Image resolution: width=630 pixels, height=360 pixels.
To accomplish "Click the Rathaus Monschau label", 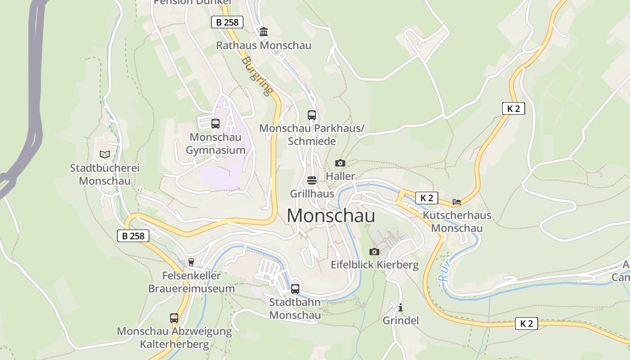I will (x=264, y=45).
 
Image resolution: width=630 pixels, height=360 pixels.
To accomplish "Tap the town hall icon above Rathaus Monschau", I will (x=264, y=32).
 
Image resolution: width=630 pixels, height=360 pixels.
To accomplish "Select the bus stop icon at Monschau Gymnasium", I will (x=216, y=124).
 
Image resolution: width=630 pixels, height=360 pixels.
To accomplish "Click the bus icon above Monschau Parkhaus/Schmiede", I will (x=312, y=115).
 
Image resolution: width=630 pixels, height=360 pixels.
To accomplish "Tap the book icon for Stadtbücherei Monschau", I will (x=105, y=155).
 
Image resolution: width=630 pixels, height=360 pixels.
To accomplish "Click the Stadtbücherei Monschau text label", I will (x=105, y=175).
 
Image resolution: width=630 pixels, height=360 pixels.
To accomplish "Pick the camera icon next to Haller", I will (x=340, y=163).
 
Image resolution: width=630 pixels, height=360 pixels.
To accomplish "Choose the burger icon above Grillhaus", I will (x=312, y=180).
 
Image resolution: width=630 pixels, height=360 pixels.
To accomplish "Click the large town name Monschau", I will (x=331, y=216).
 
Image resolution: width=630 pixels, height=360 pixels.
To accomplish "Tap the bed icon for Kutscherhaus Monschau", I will (x=457, y=202).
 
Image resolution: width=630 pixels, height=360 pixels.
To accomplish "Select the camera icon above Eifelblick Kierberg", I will (x=374, y=252).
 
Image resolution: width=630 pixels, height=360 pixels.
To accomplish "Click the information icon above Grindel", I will (x=400, y=307).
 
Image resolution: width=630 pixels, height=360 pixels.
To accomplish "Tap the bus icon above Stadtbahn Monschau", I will (x=295, y=289).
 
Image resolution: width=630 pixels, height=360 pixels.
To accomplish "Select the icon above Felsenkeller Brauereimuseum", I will (x=191, y=262).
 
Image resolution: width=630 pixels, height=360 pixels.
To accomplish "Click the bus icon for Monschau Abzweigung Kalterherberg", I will (x=174, y=318).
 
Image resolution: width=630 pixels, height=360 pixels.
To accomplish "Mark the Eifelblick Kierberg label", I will (x=375, y=265).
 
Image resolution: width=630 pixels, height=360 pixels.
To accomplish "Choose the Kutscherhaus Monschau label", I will (x=457, y=221).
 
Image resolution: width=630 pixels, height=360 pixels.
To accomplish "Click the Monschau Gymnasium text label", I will (x=216, y=144).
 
